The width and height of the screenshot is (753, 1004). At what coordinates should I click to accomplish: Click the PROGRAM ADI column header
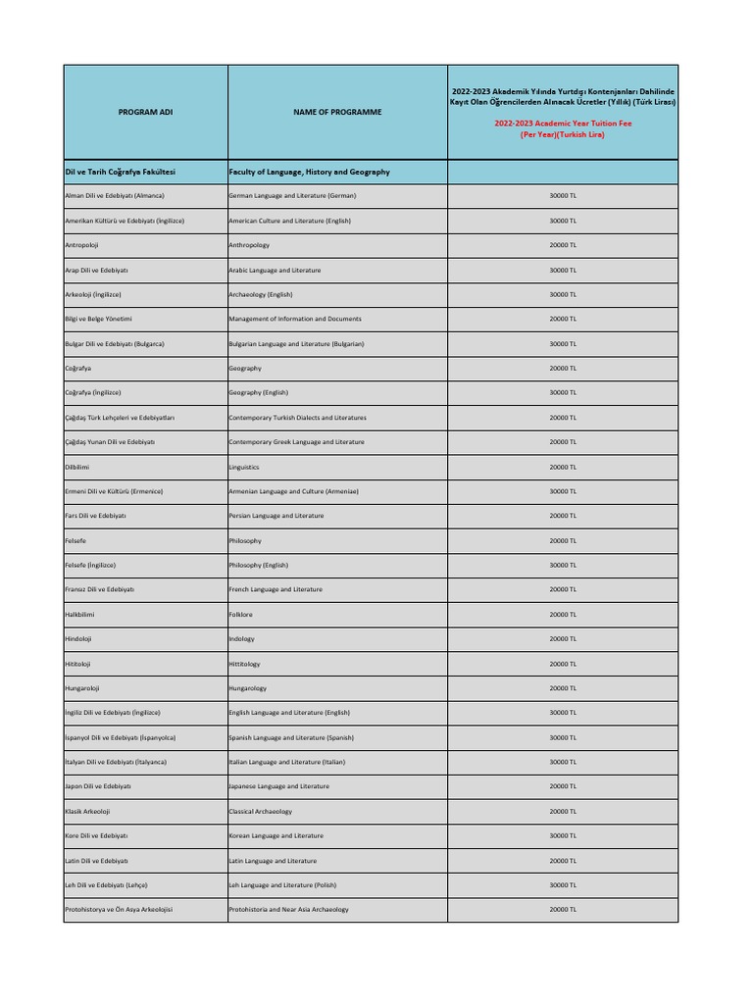[x=145, y=112]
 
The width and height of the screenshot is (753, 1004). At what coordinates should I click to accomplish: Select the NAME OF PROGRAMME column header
[x=337, y=112]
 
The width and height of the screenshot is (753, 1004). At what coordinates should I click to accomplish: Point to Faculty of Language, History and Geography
[x=309, y=172]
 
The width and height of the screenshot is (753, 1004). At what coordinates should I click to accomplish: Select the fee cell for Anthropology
[x=562, y=245]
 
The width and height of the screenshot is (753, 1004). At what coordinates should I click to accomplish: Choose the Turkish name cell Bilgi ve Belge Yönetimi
[x=98, y=319]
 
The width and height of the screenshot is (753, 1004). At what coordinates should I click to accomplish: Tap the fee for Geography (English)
[x=562, y=392]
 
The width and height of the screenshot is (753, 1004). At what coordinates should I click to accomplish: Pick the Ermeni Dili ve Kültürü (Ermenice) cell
[x=114, y=491]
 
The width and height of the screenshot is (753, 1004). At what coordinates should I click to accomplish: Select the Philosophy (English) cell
[x=259, y=565]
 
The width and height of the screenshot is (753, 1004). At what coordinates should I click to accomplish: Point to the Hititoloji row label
[x=77, y=664]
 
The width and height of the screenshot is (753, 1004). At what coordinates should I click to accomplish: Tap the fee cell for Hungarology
[x=562, y=688]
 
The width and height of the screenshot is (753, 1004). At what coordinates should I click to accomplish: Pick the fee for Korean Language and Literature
[x=562, y=835]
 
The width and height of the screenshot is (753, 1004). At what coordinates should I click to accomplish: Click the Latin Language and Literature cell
[x=273, y=861]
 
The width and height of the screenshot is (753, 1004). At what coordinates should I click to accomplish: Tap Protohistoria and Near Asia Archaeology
[x=288, y=910]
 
